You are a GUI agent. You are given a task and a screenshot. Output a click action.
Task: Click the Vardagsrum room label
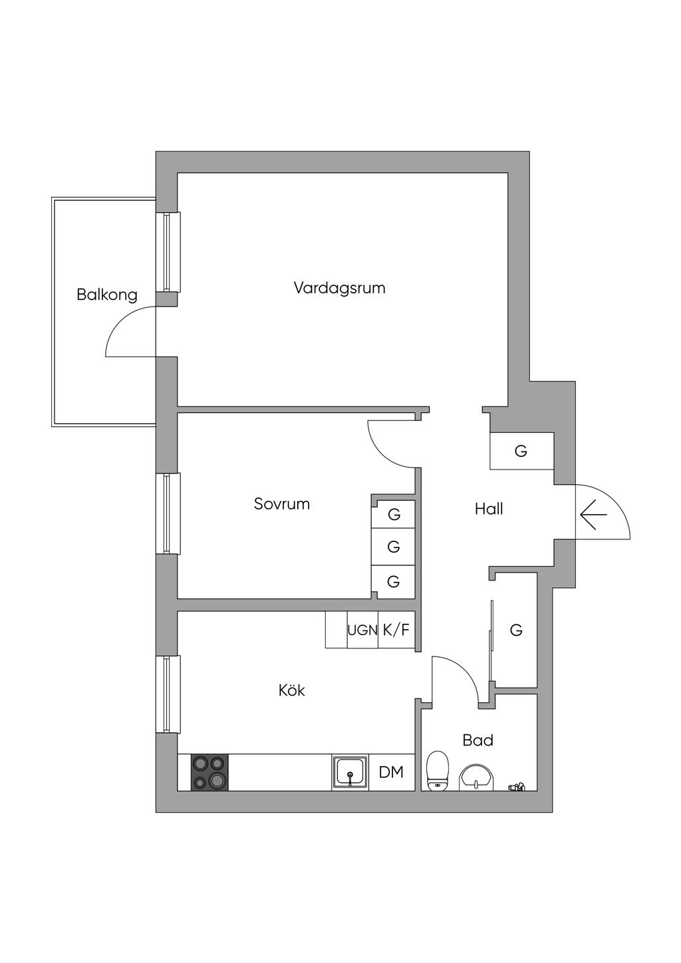click(339, 287)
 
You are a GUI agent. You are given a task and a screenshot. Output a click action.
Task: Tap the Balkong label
click(107, 295)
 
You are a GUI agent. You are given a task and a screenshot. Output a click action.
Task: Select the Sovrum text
click(281, 504)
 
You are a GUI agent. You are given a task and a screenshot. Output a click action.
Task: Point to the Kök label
click(291, 702)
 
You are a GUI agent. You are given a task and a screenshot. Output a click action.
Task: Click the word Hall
click(489, 509)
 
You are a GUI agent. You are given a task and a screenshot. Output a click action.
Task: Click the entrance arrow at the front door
click(593, 515)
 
